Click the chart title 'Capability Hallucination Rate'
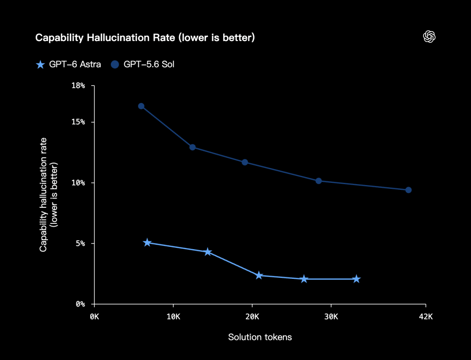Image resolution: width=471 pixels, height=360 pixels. click(105, 38)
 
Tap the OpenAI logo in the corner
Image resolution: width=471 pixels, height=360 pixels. click(429, 37)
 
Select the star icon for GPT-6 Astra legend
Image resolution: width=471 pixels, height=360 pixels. click(40, 64)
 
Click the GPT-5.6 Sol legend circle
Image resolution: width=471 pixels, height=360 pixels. click(115, 64)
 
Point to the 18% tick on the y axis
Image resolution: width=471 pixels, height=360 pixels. click(78, 86)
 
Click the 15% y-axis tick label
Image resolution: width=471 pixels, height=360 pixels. click(78, 122)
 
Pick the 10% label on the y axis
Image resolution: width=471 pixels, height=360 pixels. click(78, 183)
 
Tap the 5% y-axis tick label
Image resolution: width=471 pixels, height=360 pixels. click(80, 243)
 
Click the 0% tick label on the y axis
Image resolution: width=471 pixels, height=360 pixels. click(80, 304)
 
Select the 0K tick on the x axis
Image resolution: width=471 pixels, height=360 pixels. click(94, 317)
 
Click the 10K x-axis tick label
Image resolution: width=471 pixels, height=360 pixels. click(173, 317)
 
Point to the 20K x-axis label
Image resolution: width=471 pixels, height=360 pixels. click(252, 317)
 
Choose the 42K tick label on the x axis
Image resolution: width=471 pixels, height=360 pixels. click(426, 317)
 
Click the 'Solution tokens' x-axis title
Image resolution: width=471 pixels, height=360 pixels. click(260, 337)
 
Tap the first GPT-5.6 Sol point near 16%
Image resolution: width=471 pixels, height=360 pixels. click(141, 106)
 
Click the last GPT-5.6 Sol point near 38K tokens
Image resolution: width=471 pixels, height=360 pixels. click(409, 190)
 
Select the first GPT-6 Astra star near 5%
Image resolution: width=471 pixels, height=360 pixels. click(147, 243)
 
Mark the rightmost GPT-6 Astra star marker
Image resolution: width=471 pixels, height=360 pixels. click(356, 279)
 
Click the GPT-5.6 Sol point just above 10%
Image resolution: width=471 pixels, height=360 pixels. click(319, 181)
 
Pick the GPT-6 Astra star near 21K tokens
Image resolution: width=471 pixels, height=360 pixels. click(259, 275)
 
